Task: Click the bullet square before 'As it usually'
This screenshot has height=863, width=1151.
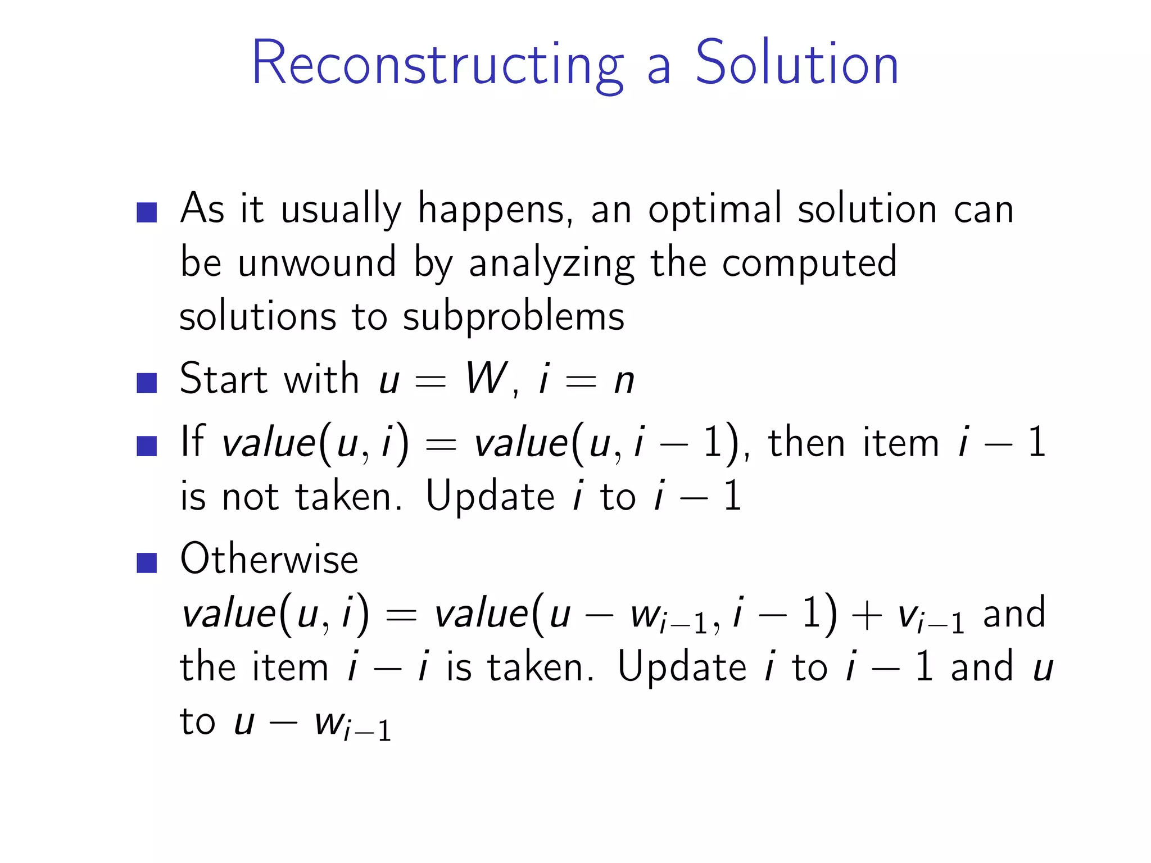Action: (x=147, y=212)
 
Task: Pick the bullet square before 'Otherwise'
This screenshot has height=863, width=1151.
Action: (x=147, y=562)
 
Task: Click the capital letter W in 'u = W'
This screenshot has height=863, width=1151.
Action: (x=486, y=379)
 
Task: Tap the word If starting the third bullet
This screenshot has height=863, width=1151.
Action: (x=192, y=442)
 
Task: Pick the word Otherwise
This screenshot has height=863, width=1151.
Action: (x=269, y=560)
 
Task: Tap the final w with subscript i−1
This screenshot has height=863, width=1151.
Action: (x=351, y=725)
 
